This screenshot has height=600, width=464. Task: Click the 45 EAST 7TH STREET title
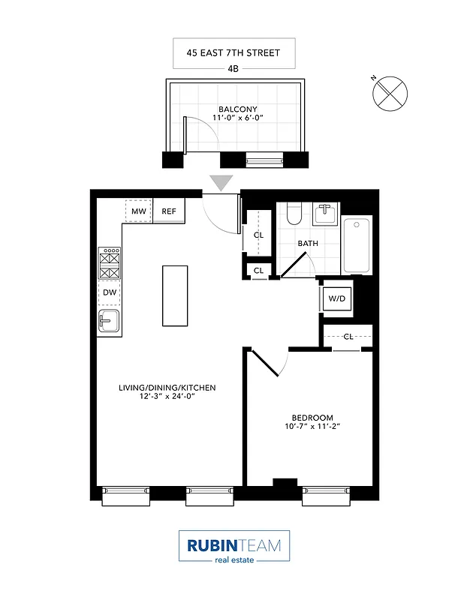pyautogui.click(x=234, y=52)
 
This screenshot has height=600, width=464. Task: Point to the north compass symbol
pyautogui.click(x=390, y=93)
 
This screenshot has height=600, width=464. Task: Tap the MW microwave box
pyautogui.click(x=138, y=211)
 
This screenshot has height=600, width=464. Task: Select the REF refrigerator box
pyautogui.click(x=169, y=211)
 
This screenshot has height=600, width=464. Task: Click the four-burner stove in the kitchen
pyautogui.click(x=110, y=262)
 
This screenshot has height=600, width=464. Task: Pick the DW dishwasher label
pyautogui.click(x=110, y=292)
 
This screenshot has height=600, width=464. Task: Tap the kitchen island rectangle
pyautogui.click(x=175, y=295)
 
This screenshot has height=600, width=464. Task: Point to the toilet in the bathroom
pyautogui.click(x=294, y=214)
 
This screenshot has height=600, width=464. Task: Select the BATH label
pyautogui.click(x=308, y=244)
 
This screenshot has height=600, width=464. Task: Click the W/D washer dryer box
pyautogui.click(x=336, y=298)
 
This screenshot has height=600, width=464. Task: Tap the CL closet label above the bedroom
pyautogui.click(x=348, y=337)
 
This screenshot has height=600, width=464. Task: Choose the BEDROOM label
pyautogui.click(x=312, y=418)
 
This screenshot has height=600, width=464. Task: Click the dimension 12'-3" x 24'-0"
pyautogui.click(x=167, y=398)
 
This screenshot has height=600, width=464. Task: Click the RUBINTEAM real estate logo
pyautogui.click(x=234, y=546)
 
